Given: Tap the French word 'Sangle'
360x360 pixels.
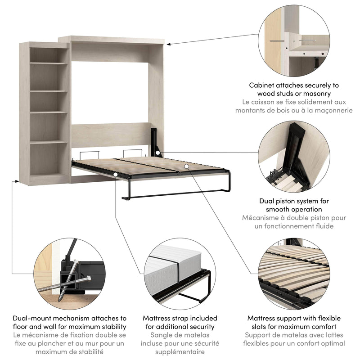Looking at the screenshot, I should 163,335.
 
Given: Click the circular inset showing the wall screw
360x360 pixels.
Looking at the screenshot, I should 300,39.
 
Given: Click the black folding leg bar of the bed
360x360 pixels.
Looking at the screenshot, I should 175,194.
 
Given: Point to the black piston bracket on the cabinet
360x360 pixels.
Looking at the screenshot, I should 155,142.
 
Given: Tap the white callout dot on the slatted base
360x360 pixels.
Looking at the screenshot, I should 185,166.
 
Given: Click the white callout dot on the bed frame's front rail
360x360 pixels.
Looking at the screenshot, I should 116,174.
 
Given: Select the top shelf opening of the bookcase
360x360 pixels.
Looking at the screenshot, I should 49,55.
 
